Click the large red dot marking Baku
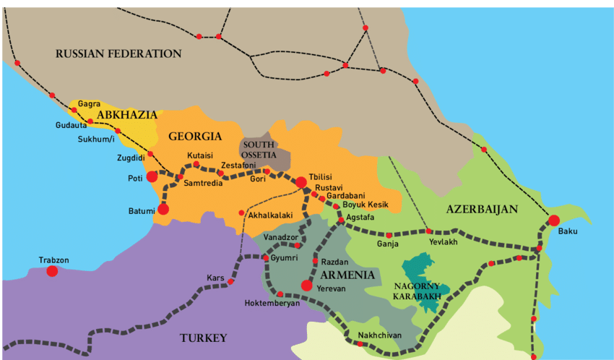coord(553,220)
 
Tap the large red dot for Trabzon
coord(52,271)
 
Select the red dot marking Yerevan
coord(307,286)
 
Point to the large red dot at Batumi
coord(163,209)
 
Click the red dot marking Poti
coord(152,176)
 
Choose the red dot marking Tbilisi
coord(301,182)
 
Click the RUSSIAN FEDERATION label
coord(118,53)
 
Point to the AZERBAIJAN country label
coord(482,209)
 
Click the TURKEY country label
coord(203,338)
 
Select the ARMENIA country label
coord(347,275)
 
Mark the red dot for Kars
coord(230,281)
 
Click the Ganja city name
coord(388,244)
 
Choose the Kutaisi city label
coord(199,155)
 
